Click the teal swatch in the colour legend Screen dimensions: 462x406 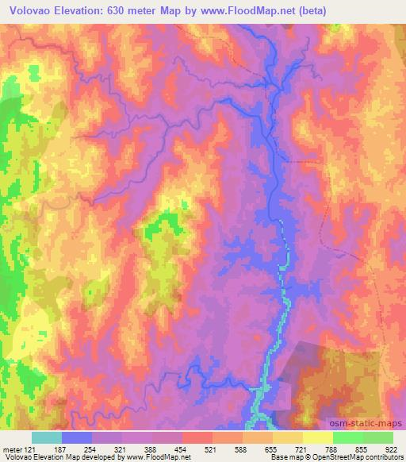[x=46, y=437]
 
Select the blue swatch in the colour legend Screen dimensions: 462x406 [x=77, y=437]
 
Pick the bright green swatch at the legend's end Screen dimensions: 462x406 [x=378, y=437]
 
